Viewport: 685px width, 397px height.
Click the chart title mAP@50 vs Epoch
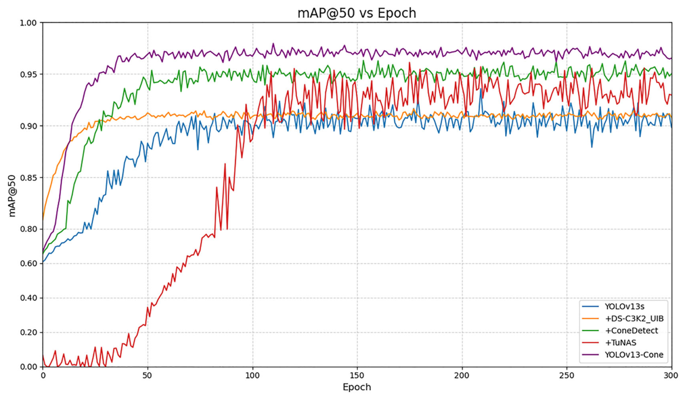357,13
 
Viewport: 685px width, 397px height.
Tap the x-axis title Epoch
357,387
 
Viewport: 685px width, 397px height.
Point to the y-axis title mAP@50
12,196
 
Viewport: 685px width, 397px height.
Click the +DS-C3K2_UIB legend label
634,319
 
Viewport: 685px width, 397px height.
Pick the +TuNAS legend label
620,343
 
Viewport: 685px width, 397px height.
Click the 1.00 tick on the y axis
28,23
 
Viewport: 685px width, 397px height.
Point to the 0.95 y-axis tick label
28,74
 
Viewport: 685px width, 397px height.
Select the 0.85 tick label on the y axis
28,178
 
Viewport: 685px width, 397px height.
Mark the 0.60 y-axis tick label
28,264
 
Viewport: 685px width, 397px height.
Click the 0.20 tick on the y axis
28,332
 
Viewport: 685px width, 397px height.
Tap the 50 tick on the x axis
148,376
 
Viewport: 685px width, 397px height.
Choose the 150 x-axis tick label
357,376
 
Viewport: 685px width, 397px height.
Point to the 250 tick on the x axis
567,376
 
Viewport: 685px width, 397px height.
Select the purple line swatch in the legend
590,355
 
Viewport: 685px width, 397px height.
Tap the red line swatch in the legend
590,343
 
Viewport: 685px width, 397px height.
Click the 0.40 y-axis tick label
28,298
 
